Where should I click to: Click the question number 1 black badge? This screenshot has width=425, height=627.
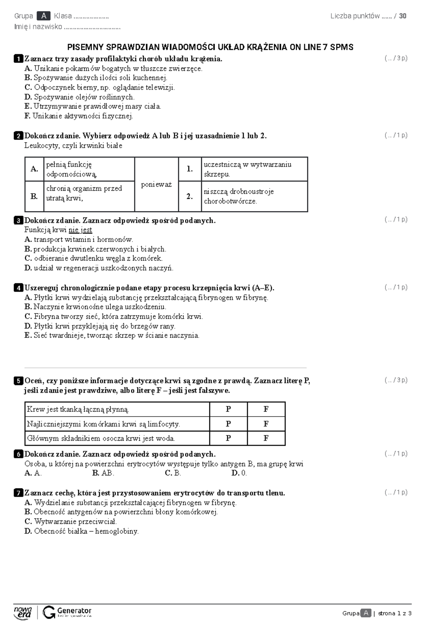18,59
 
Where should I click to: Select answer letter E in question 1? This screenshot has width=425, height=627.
28,106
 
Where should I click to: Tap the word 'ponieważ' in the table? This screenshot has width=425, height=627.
156,185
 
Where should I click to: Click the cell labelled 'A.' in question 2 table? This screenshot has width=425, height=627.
35,169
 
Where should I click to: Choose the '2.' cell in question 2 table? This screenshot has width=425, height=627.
190,196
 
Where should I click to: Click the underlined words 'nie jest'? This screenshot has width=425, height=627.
80,230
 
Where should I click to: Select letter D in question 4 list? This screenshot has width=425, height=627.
28,326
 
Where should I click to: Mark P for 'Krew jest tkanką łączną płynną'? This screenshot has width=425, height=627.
228,409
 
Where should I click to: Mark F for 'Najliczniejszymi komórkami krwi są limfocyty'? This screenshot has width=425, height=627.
266,424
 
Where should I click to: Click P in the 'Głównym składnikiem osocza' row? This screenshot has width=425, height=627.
228,439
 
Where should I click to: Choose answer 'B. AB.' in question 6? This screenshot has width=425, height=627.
103,473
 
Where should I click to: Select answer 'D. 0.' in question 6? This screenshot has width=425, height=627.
239,473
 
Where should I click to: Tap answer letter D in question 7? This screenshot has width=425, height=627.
28,531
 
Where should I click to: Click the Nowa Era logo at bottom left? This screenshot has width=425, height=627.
23,612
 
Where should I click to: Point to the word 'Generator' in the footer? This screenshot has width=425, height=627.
74,610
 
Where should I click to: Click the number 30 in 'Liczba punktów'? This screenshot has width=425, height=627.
403,16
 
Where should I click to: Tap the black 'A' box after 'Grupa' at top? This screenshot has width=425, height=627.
44,16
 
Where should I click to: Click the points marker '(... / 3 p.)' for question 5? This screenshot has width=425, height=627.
396,380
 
